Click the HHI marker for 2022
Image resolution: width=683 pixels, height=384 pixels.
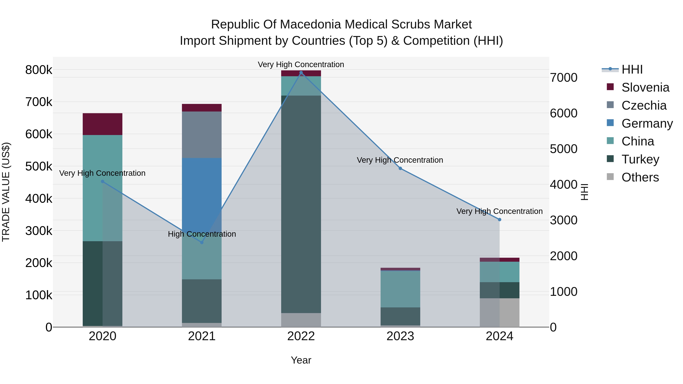[x=301, y=73]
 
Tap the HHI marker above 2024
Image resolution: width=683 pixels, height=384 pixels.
[x=500, y=219]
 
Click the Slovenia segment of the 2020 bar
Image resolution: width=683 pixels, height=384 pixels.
[x=103, y=124]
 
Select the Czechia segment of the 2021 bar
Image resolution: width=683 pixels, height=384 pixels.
[x=202, y=135]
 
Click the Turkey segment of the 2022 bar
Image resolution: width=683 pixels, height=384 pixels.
[x=301, y=204]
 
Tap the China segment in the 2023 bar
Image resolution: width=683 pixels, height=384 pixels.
[x=400, y=289]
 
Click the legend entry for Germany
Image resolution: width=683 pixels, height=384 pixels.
[x=647, y=123]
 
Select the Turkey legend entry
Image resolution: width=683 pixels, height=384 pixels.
[x=640, y=159]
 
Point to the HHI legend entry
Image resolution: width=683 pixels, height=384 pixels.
[x=632, y=69]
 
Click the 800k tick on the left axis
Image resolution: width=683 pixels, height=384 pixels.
[x=39, y=70]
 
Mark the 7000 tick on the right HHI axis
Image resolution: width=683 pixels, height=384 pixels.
[x=563, y=78]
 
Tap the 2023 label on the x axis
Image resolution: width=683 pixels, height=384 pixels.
[x=400, y=336]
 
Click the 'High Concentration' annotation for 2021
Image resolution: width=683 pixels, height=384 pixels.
[x=202, y=234]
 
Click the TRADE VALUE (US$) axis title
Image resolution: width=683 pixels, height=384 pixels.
[x=6, y=192]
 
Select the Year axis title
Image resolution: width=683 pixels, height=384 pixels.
[x=301, y=360]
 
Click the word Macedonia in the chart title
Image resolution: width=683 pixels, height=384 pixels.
[x=312, y=24]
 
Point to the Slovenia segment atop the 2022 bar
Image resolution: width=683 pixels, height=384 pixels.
[x=301, y=73]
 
